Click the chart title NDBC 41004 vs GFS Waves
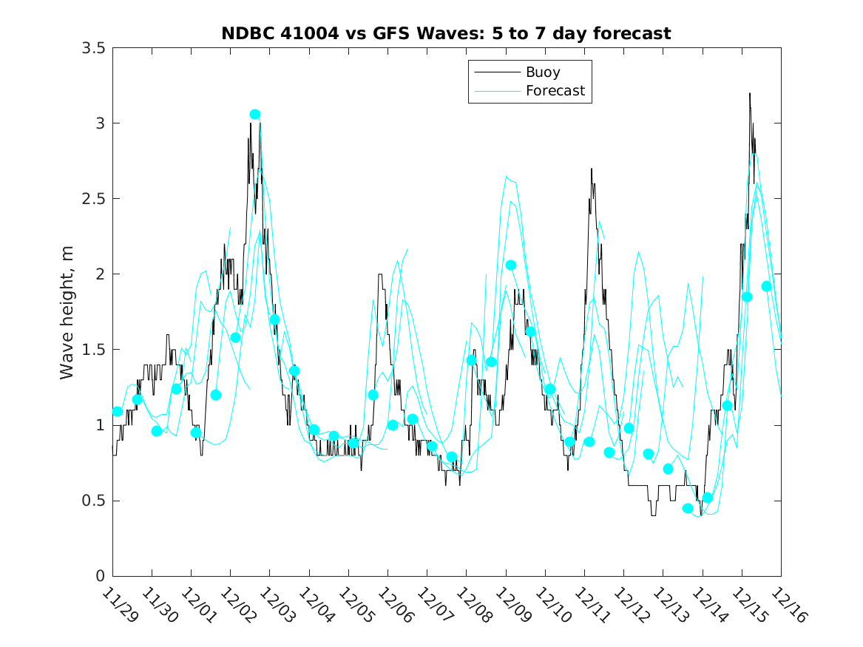(x=446, y=33)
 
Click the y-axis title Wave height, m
(x=67, y=311)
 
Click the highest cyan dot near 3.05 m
(x=255, y=114)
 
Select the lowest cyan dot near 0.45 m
(x=688, y=508)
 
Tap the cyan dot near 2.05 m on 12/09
(x=510, y=265)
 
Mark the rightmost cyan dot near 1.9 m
(x=766, y=286)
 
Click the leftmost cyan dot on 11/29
(x=118, y=411)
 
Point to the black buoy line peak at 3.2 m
(x=750, y=94)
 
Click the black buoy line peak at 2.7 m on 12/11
(x=592, y=169)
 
